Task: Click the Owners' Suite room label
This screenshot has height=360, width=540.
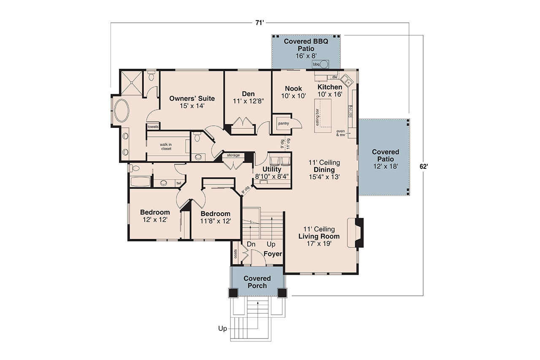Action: tap(192, 98)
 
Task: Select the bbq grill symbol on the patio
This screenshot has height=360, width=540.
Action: tap(324, 65)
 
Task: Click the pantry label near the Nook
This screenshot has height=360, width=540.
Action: tap(283, 124)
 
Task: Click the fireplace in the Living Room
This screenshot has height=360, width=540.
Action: tap(358, 233)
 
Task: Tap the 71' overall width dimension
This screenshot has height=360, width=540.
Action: tap(259, 23)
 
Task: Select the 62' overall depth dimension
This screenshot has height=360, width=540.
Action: tap(424, 166)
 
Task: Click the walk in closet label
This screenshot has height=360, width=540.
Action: tap(166, 146)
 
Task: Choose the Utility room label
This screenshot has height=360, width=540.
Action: tap(272, 169)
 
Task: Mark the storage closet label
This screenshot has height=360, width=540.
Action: tap(233, 155)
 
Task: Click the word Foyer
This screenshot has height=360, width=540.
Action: tap(273, 254)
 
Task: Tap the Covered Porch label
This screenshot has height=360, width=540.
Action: tap(257, 282)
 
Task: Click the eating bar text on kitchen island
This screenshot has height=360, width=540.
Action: tap(316, 116)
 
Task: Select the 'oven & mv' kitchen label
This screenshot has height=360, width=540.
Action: tap(340, 133)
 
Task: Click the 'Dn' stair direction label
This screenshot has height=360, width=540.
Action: tap(251, 244)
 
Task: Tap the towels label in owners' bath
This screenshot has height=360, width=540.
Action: tap(152, 127)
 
